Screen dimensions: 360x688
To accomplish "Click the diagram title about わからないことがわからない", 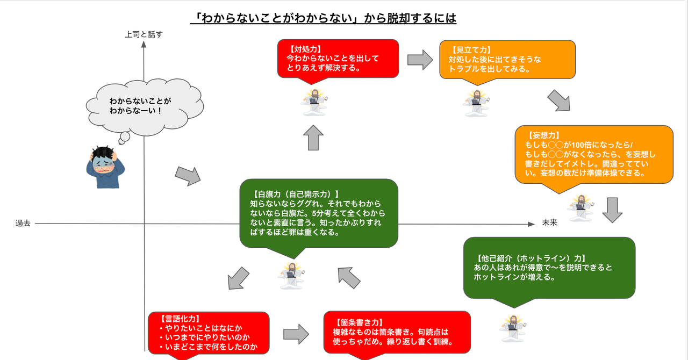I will (324, 19).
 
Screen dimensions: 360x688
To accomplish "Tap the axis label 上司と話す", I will (144, 34).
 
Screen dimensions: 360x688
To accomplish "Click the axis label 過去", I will (23, 223).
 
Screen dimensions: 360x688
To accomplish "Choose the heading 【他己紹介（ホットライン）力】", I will (529, 257).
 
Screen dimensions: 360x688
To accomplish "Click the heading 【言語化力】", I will (177, 318).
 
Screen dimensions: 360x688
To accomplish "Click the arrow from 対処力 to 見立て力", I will (420, 59).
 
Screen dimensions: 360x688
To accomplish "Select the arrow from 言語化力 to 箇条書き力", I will (296, 334).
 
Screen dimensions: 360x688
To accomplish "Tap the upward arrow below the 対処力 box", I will (313, 139).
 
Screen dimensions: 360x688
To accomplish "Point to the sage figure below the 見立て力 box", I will (476, 103).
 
